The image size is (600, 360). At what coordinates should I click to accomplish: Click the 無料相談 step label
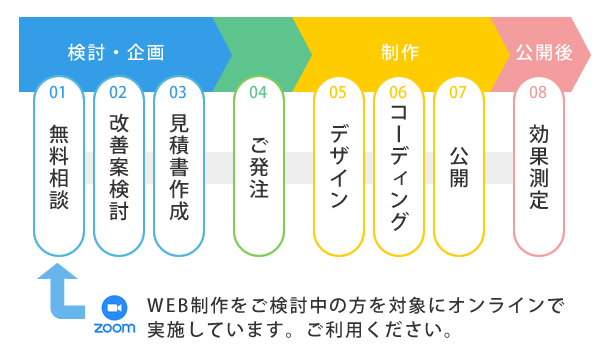tap(58, 165)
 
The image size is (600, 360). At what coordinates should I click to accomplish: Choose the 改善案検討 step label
tap(118, 165)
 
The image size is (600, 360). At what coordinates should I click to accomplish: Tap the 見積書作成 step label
tap(178, 165)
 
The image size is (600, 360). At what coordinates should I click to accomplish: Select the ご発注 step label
tap(258, 165)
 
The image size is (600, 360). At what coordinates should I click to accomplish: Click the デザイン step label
tap(338, 165)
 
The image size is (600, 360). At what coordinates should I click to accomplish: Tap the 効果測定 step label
tap(538, 165)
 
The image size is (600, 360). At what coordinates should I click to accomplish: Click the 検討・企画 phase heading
tap(115, 52)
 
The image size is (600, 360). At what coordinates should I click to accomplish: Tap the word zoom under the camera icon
tap(114, 328)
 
